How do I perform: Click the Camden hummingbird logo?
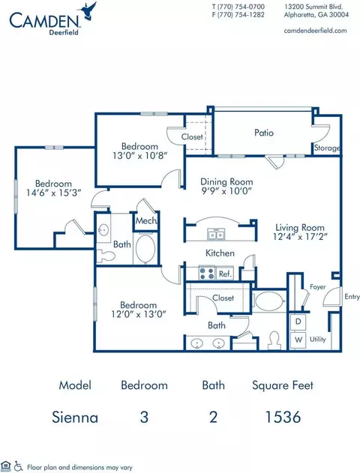(87, 11)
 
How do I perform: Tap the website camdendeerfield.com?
(315, 31)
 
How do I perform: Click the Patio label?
(264, 133)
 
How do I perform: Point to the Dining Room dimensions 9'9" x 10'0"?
(226, 191)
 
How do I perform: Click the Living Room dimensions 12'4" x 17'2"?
(300, 237)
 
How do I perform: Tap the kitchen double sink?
(216, 235)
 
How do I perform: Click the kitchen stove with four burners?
(207, 273)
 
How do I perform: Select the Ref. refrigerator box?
(225, 274)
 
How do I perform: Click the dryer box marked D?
(298, 322)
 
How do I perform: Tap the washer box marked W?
(298, 340)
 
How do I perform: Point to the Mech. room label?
(146, 221)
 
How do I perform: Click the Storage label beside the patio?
(327, 148)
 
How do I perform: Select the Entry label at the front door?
(352, 297)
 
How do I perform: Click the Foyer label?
(318, 287)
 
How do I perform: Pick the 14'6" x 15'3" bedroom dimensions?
(54, 193)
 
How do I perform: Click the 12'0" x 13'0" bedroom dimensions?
(139, 314)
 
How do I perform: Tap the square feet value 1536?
(283, 418)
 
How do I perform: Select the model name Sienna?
(75, 418)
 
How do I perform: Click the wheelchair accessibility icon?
(19, 466)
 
